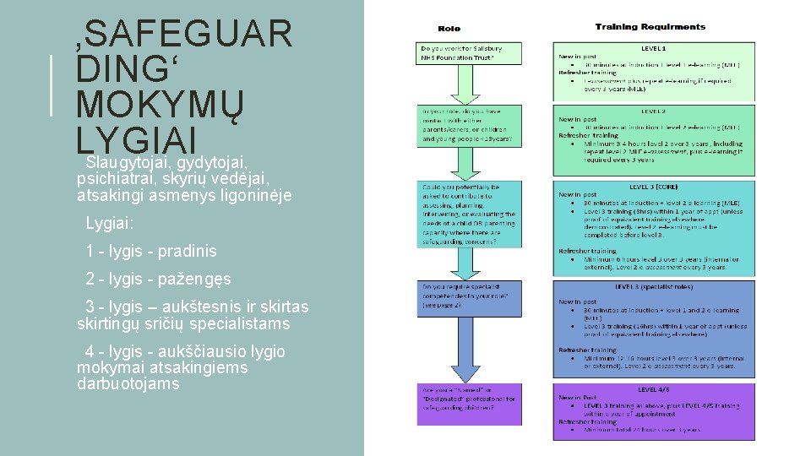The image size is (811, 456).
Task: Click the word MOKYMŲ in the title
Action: click(160, 106)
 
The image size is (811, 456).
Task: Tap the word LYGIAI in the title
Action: click(136, 140)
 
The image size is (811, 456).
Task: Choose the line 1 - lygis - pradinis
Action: click(151, 251)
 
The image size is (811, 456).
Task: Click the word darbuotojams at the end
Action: click(128, 383)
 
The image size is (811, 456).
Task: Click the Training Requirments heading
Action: click(650, 27)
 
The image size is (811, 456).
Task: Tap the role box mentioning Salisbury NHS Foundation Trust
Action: click(468, 53)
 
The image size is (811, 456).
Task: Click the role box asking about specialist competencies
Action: click(468, 298)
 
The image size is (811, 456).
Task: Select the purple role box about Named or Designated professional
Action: click(468, 404)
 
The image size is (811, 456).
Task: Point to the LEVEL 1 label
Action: click(653, 48)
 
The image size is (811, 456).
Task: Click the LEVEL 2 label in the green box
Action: click(653, 111)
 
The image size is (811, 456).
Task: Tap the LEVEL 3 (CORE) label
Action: click(653, 187)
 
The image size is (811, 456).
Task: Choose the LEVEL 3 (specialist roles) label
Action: click(653, 287)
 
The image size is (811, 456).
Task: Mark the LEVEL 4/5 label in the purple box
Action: click(653, 389)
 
